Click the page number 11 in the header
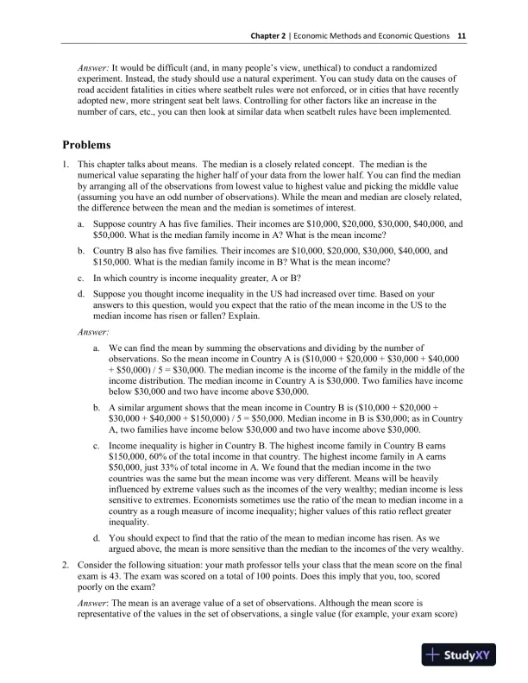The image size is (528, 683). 462,36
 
